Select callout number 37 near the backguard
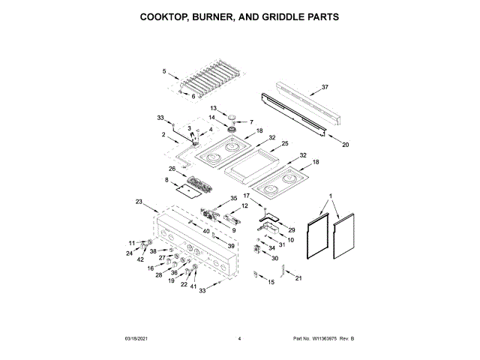point(325,88)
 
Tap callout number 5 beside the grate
point(164,71)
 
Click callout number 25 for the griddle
point(284,143)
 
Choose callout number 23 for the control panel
point(139,202)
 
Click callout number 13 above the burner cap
point(212,109)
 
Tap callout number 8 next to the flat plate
point(166,180)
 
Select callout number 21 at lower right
point(298,278)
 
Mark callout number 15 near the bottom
point(271,282)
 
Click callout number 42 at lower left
point(140,259)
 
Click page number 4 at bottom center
point(239,340)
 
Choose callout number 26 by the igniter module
point(172,169)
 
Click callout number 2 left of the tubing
point(164,134)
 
